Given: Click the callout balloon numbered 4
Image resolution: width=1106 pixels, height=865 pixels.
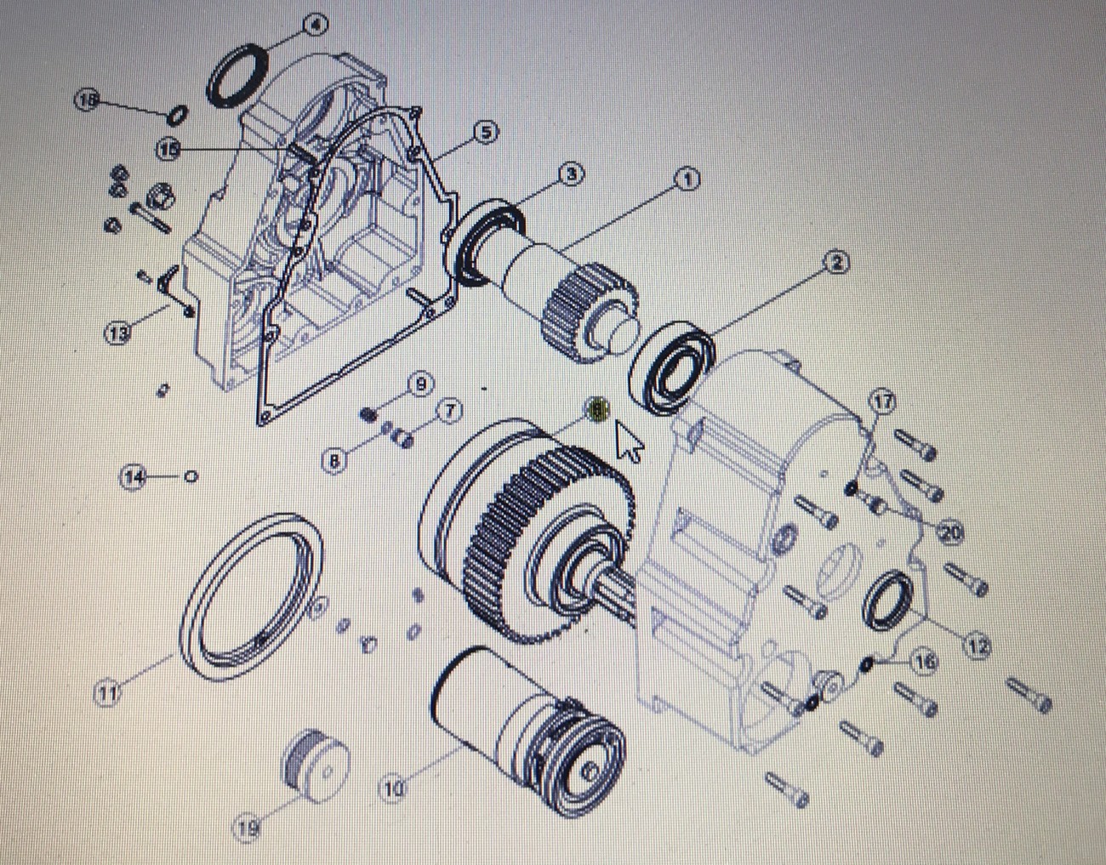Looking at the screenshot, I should tap(315, 25).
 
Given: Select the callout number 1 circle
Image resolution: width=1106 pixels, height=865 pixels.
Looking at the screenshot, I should tap(687, 179).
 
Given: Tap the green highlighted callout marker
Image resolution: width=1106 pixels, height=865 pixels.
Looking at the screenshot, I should tap(598, 410).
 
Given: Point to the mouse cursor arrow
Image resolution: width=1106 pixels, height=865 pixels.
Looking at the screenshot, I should tap(630, 441).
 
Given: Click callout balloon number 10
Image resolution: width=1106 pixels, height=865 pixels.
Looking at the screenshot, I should tap(392, 788).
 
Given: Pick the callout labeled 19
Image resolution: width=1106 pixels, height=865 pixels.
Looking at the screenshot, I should tap(246, 828).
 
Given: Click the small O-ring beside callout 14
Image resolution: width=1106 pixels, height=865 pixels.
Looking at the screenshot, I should tap(191, 476).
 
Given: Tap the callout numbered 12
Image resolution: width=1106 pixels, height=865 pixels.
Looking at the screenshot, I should tap(978, 647).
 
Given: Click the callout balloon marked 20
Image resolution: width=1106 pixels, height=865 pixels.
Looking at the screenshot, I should tap(950, 532).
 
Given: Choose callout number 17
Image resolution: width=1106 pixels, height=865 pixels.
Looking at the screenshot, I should tap(885, 401).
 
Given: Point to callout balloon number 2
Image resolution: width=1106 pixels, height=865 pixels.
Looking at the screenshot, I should tap(836, 263).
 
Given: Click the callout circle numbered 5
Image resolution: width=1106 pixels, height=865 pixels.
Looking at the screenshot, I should tap(485, 132).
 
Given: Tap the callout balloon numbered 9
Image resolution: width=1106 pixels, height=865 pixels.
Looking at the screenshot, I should tap(420, 384).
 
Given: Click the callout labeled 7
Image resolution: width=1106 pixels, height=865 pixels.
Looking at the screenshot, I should tap(449, 411).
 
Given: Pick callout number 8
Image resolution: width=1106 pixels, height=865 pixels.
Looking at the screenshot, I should tap(335, 461).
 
